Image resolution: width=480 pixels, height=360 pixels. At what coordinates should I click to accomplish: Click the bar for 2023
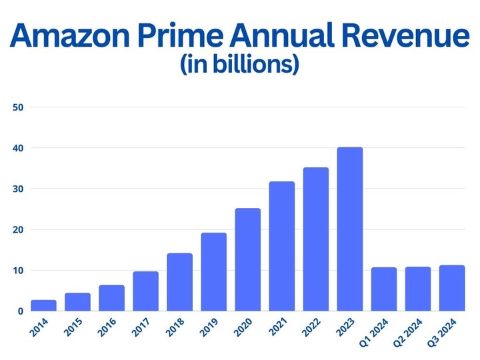coord(349,229)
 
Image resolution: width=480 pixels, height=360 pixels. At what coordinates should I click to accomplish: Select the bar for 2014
coord(43,305)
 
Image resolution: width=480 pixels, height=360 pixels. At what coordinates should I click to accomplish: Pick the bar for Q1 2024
coord(383,289)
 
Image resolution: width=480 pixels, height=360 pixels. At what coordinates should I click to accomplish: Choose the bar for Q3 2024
coord(451,288)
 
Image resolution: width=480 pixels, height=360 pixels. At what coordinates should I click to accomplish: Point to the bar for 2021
coord(281,246)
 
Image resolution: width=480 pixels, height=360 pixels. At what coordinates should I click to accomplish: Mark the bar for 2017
coord(145,291)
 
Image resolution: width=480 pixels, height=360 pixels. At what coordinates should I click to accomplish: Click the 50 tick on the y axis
coord(18,107)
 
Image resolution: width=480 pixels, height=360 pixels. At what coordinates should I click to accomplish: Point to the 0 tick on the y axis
coord(21,311)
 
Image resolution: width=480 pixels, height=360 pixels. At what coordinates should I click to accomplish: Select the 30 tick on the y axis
coord(18,189)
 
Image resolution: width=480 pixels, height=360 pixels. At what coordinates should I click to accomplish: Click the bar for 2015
coord(77,302)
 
